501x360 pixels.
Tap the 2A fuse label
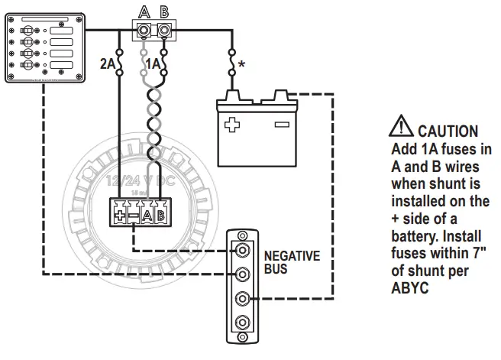click(107, 65)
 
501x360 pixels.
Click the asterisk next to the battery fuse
click(241, 66)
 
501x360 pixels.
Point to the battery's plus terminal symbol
click(231, 124)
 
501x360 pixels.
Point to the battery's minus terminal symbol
click(281, 124)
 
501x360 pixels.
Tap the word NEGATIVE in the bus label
click(292, 257)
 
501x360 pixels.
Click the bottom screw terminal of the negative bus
click(243, 322)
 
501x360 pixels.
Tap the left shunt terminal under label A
click(142, 31)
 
